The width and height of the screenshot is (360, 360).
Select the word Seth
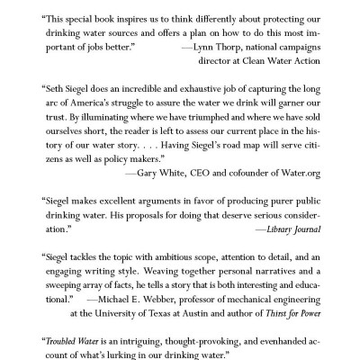pyautogui.click(x=58, y=90)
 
